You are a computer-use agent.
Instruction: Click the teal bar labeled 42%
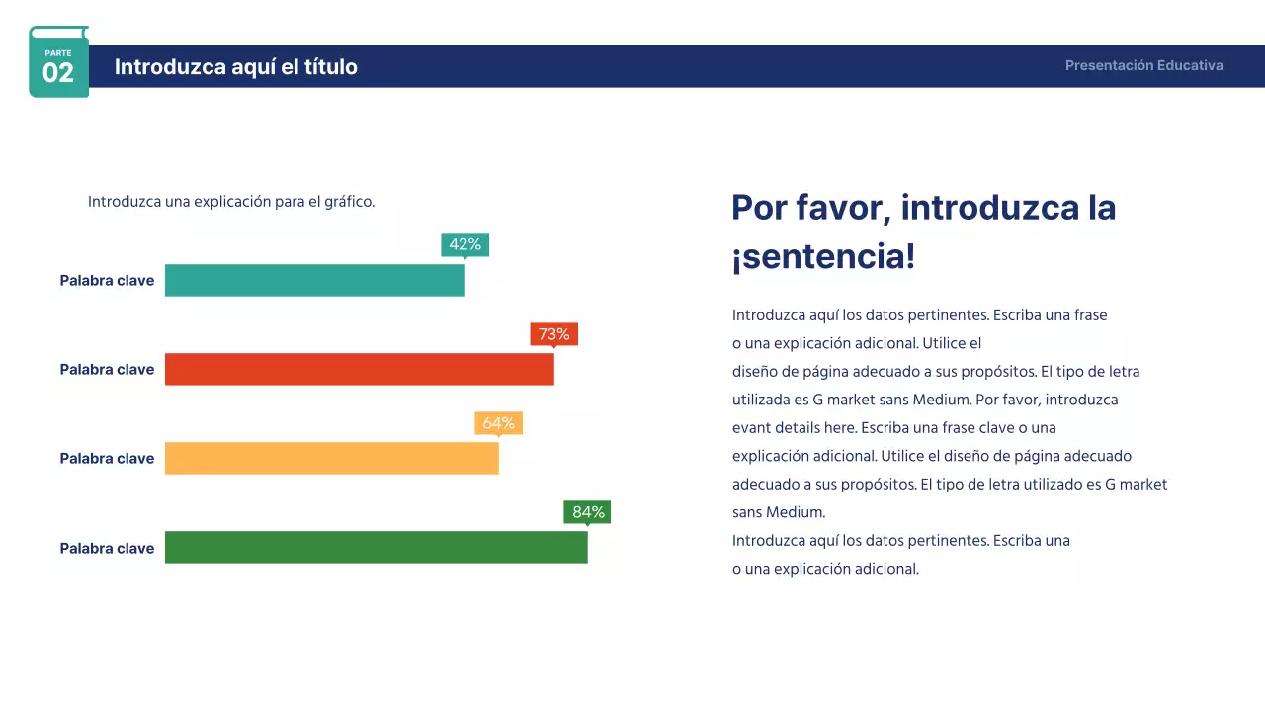(314, 280)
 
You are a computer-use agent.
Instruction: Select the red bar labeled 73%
(359, 369)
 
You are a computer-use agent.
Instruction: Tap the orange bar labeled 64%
(331, 458)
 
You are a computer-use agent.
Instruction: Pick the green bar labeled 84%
(376, 547)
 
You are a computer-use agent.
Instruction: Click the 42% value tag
(464, 244)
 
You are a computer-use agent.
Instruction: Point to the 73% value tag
(553, 334)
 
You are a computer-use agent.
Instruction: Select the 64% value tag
(498, 423)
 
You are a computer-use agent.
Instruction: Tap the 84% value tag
(587, 512)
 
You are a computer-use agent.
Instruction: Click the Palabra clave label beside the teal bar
(107, 281)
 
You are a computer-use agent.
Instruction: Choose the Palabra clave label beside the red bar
(107, 370)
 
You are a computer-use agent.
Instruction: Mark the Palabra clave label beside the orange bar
(107, 459)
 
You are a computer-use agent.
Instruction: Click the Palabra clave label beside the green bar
(107, 549)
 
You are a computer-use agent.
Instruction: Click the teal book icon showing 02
(58, 62)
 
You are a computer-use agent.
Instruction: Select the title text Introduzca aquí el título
(236, 67)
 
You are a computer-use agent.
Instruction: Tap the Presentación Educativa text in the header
(1143, 66)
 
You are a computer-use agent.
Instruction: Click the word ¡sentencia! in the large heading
(823, 257)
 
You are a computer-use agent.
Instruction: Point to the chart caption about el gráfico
(231, 202)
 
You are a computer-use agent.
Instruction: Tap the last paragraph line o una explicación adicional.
(825, 569)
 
